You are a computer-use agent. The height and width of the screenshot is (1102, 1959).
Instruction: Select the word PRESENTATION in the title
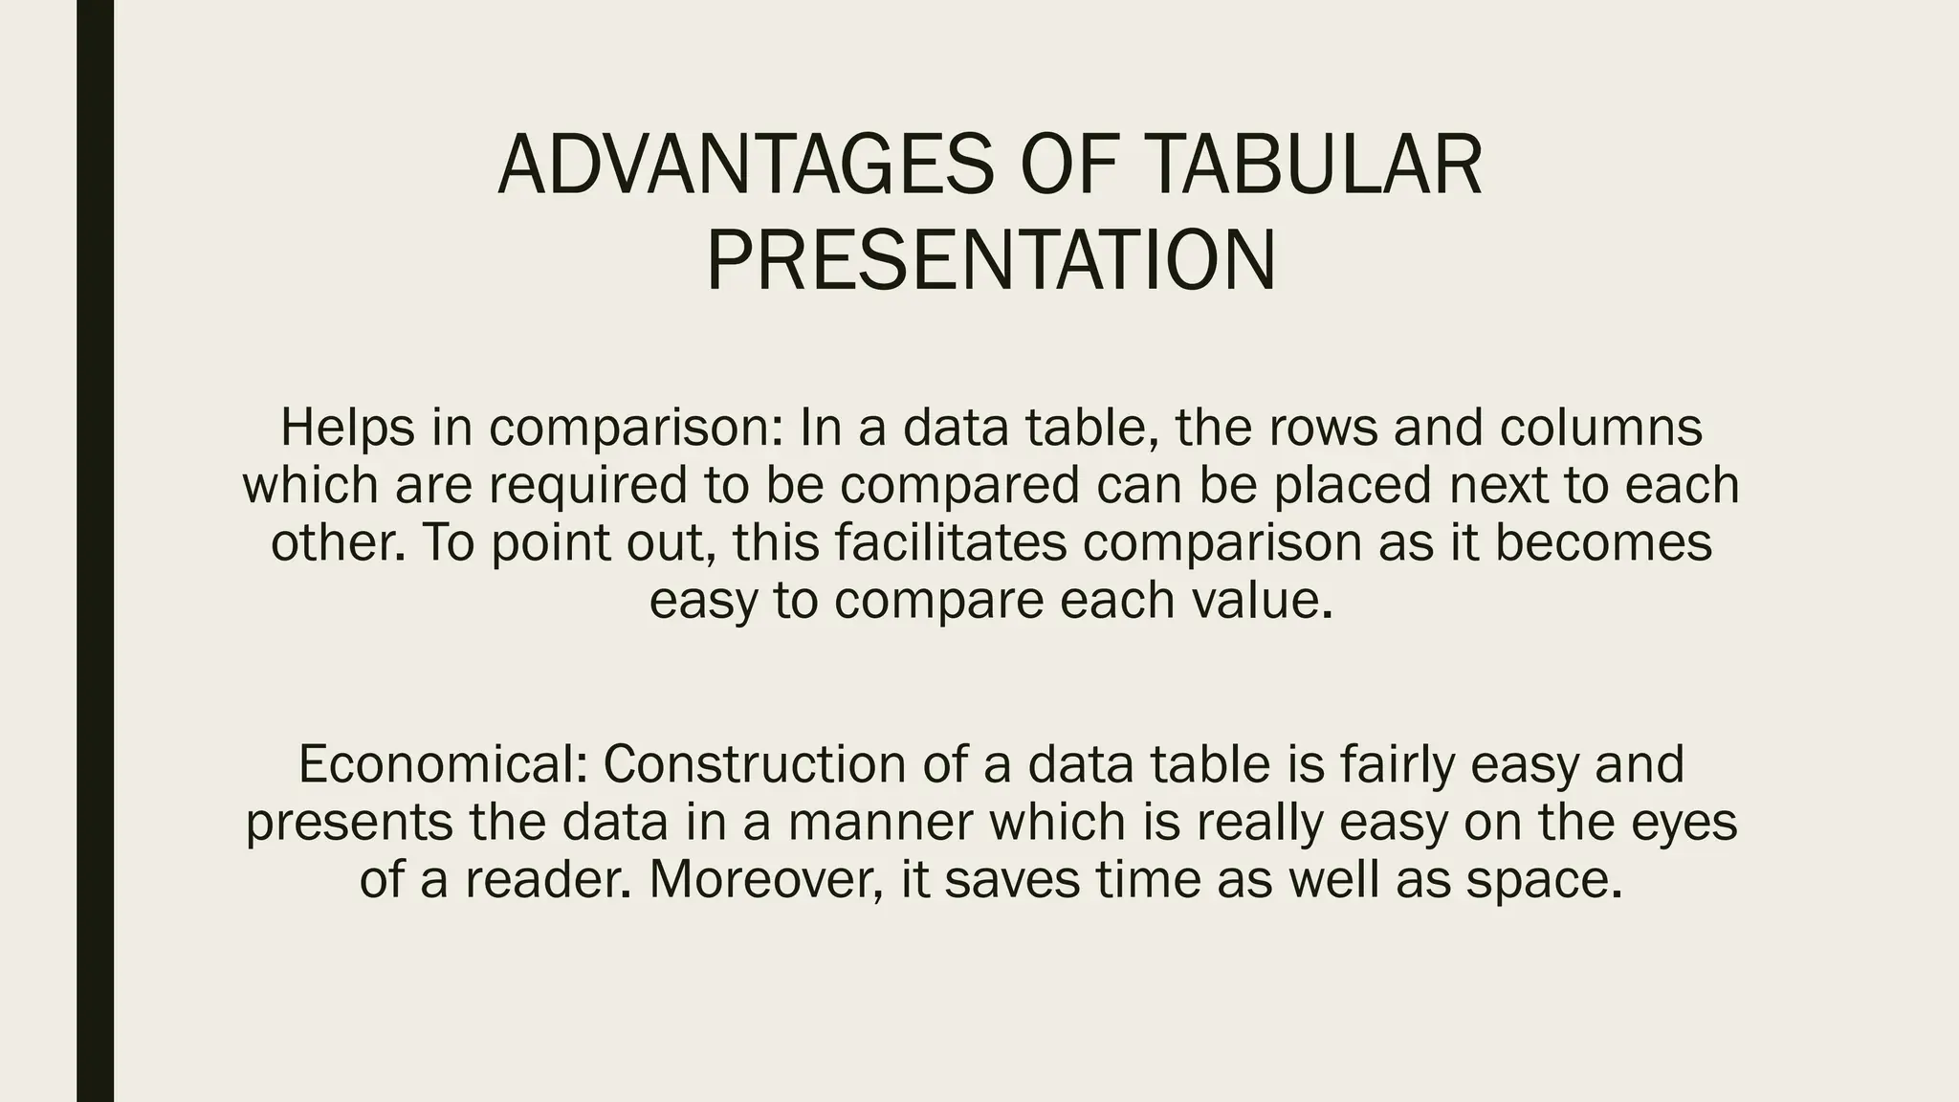coord(991,261)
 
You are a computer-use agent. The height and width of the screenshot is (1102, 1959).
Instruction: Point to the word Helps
coord(347,428)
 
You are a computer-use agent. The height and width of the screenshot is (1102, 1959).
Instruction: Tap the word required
coord(588,485)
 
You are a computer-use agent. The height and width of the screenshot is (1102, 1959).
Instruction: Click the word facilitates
coord(950,542)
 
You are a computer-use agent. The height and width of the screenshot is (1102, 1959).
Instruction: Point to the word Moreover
coord(765,879)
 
